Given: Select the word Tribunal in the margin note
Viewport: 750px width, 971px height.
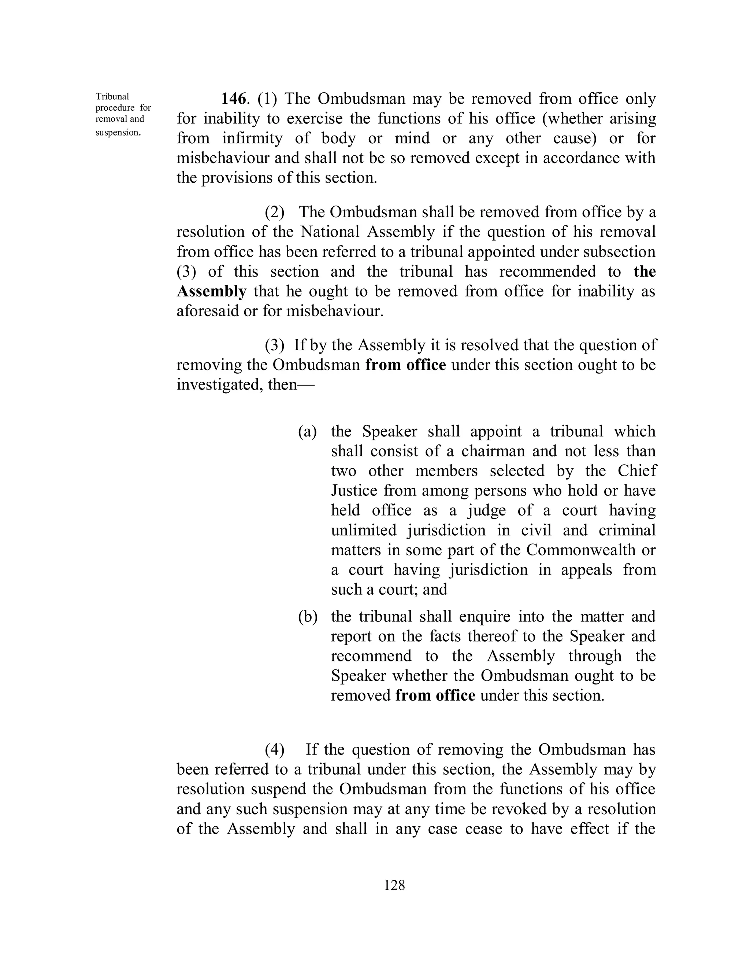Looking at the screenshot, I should [112, 96].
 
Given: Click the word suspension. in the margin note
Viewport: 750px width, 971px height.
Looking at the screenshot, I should [118, 133].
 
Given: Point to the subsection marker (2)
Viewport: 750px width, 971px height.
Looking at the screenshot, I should [275, 213].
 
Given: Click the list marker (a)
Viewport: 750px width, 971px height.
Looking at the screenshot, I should [307, 431].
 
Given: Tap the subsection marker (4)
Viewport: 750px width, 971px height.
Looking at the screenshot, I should [275, 750].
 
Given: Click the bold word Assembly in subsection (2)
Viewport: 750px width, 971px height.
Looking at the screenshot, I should [212, 292].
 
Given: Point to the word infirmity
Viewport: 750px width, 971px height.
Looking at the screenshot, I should [252, 138].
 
